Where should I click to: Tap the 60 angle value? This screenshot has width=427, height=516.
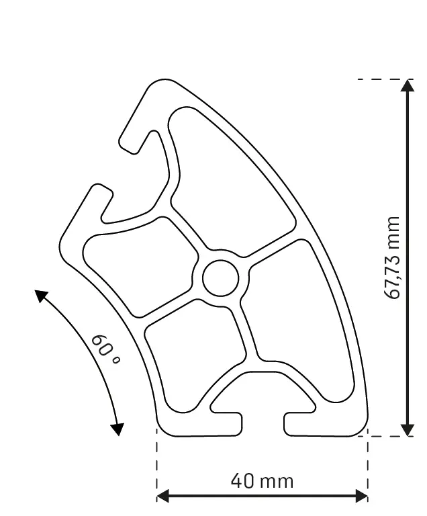[100, 345]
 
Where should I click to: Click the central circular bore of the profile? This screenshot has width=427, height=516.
[221, 277]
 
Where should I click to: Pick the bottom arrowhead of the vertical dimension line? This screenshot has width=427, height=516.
[407, 429]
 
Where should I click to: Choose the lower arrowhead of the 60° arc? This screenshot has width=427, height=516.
[118, 428]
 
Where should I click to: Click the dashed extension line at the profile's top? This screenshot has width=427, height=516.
[379, 79]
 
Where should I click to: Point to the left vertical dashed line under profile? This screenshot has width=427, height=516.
[156, 464]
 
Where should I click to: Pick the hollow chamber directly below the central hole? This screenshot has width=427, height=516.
[191, 363]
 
